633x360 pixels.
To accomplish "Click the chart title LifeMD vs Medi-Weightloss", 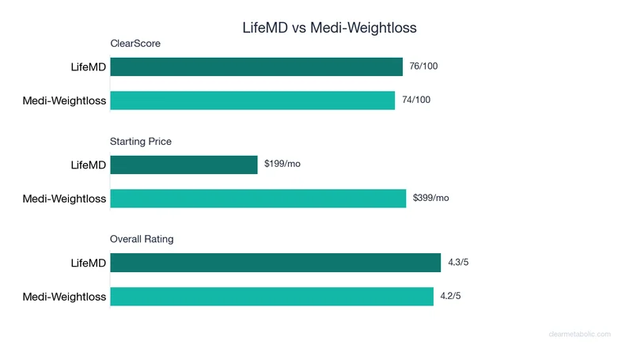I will tap(329, 27).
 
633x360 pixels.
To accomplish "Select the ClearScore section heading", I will tap(135, 44).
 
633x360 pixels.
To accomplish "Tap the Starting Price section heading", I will tap(141, 142).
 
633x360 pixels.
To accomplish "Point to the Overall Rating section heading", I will tap(142, 239).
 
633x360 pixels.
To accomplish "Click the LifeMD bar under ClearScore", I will tap(256, 67).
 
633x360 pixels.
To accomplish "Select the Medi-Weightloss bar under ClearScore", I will tap(252, 100).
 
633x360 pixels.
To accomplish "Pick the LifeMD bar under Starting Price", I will tap(184, 165).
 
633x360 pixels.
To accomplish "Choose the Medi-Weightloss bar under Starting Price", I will tap(258, 199).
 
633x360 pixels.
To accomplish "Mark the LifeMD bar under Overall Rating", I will tap(275, 263).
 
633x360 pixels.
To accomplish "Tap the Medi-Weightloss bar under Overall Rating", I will tap(271, 297).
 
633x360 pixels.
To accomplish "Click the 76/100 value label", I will tap(423, 66).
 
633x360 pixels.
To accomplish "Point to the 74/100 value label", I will tap(416, 100).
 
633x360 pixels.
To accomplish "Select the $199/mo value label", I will tap(282, 165).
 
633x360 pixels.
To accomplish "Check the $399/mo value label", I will tap(431, 199).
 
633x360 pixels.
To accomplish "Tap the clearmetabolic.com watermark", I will tap(579, 334).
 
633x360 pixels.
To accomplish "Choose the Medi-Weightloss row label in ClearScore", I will tap(64, 100).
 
